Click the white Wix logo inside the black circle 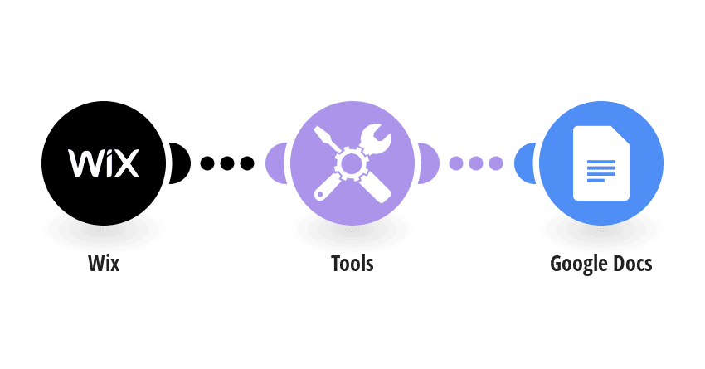coord(104,163)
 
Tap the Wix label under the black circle coord(104,264)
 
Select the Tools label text coord(352,264)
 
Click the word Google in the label coord(578,265)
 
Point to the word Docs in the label coord(632,264)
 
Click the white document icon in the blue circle coord(601,163)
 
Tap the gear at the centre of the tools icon coord(352,163)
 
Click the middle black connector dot coord(227,163)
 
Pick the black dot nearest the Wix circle coord(207,163)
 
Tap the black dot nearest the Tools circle coord(247,163)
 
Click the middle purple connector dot coord(476,163)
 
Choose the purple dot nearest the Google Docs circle coord(496,163)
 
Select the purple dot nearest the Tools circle coord(456,163)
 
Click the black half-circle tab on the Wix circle coord(180,163)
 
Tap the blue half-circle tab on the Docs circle coord(525,163)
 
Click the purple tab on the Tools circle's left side coord(276,163)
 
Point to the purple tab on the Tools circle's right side coord(429,163)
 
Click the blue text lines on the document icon coord(601,171)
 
